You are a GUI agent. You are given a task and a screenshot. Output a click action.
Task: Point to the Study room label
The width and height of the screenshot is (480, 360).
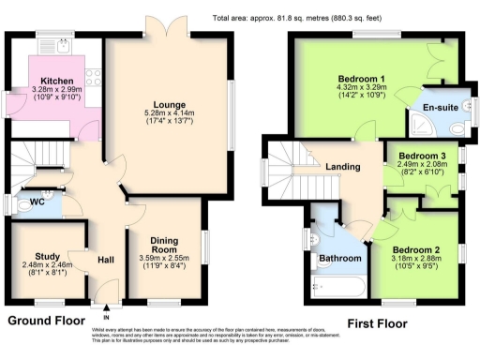point(47,256)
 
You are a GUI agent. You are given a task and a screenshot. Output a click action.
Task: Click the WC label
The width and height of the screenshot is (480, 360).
point(36,202)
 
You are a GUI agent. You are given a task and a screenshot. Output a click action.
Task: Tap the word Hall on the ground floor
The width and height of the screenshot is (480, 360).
point(105,260)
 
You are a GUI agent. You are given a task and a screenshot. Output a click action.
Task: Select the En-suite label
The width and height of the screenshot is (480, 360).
point(441,109)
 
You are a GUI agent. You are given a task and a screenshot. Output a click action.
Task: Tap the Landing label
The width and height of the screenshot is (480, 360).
point(343,167)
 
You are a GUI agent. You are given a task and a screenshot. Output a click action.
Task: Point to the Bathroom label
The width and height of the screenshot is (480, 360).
point(340,258)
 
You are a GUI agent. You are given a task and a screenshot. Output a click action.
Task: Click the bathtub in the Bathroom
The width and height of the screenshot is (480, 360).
point(338,287)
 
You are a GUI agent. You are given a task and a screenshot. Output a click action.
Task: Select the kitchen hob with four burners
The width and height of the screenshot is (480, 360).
point(93,76)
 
